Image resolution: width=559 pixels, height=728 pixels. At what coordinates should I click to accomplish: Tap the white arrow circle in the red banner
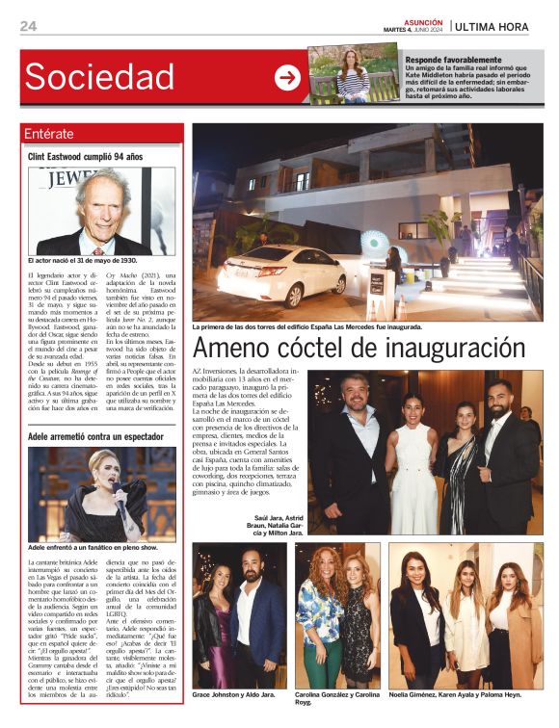tap(287, 77)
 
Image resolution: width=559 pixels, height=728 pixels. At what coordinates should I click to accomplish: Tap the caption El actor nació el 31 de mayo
tap(82, 260)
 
